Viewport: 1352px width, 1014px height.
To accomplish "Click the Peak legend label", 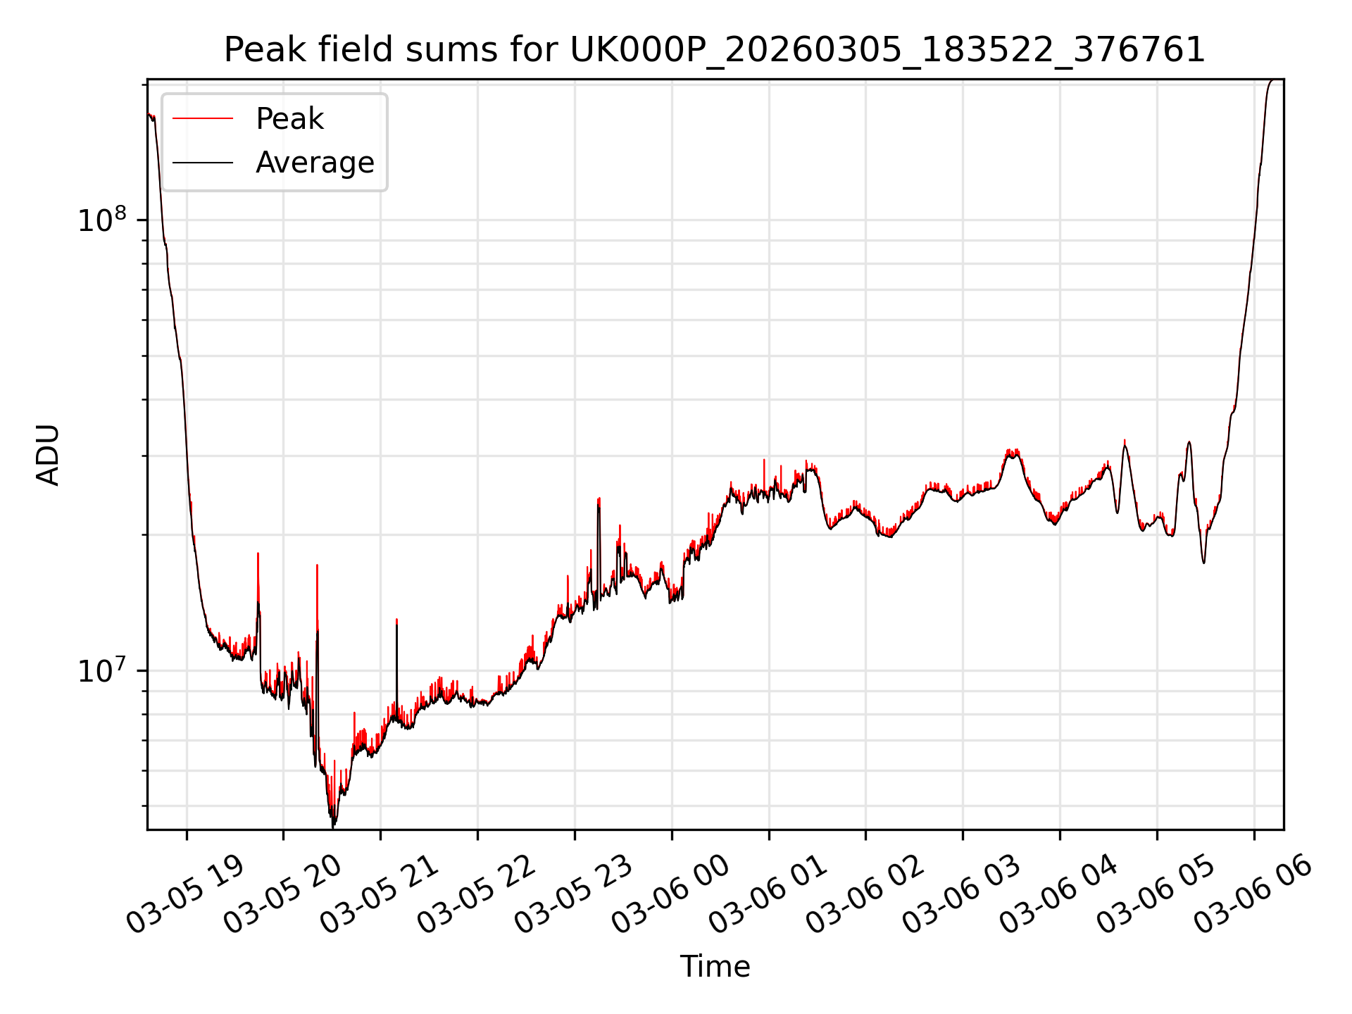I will pyautogui.click(x=289, y=119).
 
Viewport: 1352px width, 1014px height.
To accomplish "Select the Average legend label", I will pyautogui.click(x=315, y=163).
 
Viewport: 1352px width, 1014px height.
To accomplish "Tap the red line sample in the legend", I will pyautogui.click(x=203, y=119).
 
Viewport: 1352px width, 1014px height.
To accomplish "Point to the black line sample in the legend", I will pyautogui.click(x=203, y=163).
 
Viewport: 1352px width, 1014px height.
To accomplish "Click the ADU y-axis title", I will pyautogui.click(x=49, y=455).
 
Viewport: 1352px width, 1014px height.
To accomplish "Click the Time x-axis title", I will pyautogui.click(x=715, y=966).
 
